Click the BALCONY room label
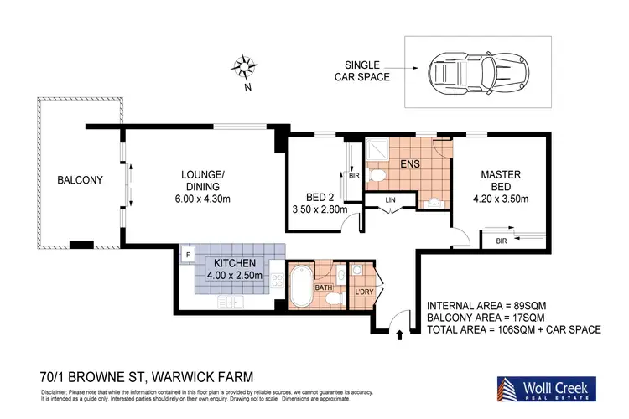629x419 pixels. (x=80, y=180)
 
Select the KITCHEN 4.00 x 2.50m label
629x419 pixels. (x=235, y=268)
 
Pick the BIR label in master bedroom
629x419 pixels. (x=502, y=241)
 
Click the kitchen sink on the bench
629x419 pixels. (x=230, y=301)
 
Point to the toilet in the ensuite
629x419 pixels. (x=377, y=175)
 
